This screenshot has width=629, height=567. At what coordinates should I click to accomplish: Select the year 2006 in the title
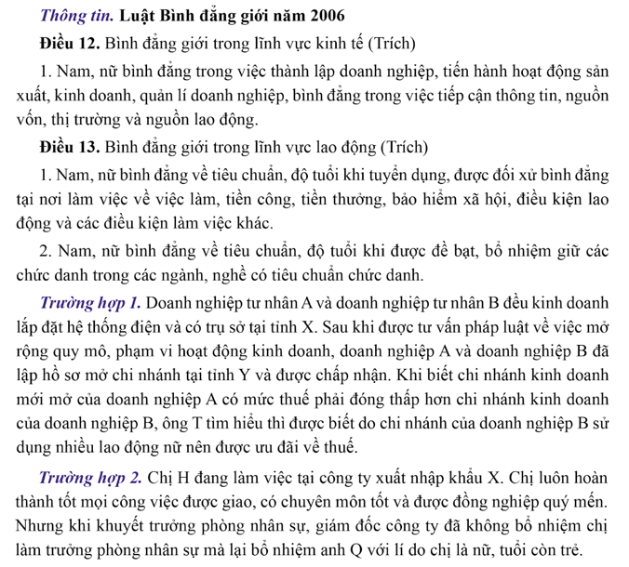pyautogui.click(x=320, y=16)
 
